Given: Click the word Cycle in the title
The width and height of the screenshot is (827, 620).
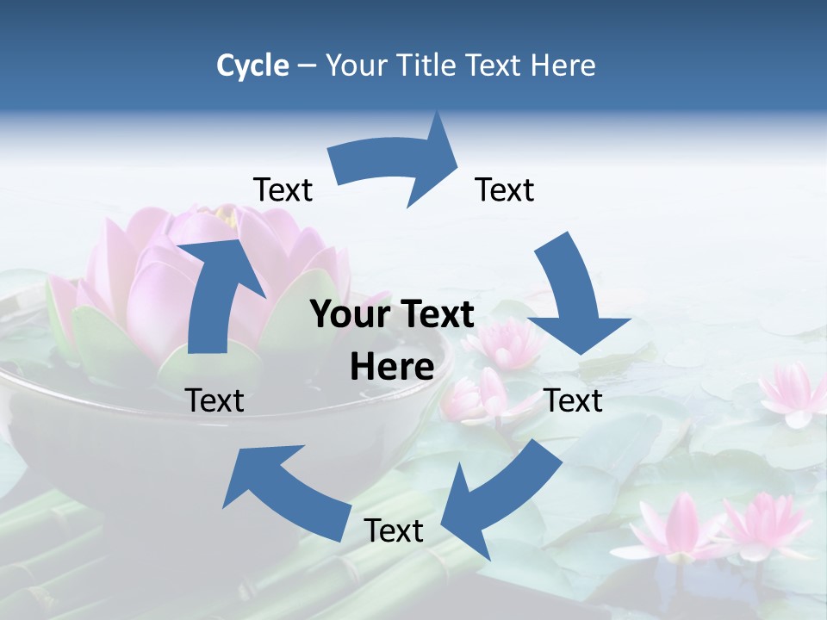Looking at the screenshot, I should pos(252,65).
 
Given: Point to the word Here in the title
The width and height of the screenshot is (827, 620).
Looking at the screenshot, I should pos(564,65).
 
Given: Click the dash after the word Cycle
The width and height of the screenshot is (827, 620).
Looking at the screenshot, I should pos(306,66).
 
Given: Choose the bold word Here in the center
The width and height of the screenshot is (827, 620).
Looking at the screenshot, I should pos(392,368).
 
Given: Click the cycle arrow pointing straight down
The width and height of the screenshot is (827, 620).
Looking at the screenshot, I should pos(573,297).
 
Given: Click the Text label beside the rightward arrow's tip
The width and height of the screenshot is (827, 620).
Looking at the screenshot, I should pos(505,189).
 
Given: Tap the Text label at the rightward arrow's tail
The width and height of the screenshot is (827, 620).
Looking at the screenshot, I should pos(283,189).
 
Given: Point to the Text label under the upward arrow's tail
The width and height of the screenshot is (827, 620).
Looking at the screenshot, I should pos(215,400).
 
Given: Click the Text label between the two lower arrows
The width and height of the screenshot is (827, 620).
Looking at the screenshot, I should pos(394,530).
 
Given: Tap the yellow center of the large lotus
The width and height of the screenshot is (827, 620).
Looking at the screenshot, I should pos(226,216).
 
